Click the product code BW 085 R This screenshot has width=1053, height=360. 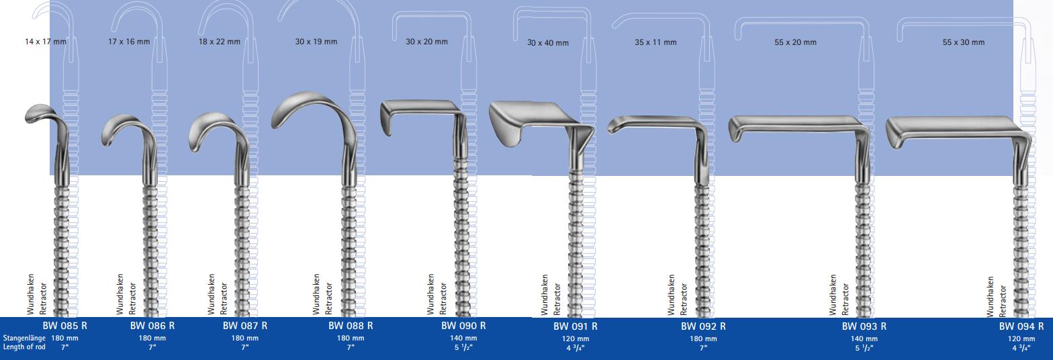tap(65, 326)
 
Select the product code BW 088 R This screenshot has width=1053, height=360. tap(351, 326)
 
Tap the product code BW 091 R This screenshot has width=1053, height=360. tap(576, 326)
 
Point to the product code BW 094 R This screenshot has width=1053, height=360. tap(1021, 326)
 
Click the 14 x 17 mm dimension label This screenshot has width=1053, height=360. tap(46, 42)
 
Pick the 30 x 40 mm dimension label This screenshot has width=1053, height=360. tap(548, 43)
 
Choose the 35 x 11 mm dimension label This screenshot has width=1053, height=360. tap(655, 42)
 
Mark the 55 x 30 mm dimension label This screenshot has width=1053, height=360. tap(964, 42)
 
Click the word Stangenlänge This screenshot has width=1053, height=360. tap(24, 339)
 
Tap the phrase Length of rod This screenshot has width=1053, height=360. tap(24, 347)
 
